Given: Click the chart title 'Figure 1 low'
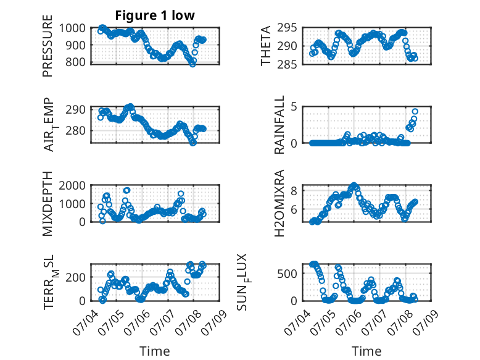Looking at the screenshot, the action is [155, 15].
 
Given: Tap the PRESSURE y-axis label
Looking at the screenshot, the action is [48, 46].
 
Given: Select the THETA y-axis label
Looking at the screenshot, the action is [266, 46].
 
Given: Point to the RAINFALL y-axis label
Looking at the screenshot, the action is [279, 125].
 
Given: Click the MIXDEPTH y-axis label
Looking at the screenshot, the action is [48, 203].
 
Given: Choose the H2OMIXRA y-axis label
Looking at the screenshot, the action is [279, 203].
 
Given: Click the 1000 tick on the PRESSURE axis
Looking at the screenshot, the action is [72, 28].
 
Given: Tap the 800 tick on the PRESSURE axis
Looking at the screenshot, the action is [75, 62].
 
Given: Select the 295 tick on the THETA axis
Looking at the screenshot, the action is [287, 28].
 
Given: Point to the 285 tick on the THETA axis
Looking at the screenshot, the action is [287, 64].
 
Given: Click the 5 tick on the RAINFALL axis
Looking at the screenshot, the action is [294, 107].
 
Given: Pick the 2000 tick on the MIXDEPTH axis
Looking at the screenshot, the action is [72, 185].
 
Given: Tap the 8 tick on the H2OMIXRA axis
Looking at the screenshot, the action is [294, 191].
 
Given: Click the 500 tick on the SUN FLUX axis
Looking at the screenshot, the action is [287, 274].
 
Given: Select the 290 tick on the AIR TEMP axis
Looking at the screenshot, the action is [75, 109].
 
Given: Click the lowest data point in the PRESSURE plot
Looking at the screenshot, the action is [192, 64].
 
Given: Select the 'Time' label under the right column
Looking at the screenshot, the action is [366, 351].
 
